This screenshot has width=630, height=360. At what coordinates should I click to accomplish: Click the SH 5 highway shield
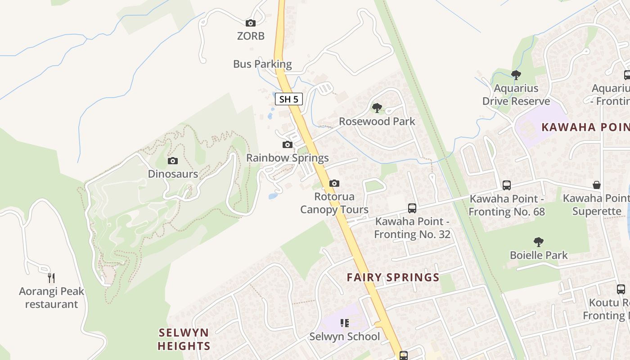288,99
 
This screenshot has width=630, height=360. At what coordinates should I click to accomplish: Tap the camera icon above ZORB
251,23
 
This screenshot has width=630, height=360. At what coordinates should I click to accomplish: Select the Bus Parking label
262,64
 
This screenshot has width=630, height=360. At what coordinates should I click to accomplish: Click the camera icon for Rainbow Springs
288,144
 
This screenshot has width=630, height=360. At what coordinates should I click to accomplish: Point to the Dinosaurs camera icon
172,161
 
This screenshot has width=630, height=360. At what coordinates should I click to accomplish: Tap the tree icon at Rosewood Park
377,108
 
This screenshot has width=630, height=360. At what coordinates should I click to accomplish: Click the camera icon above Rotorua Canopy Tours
334,183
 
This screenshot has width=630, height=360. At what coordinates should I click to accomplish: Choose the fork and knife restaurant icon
51,278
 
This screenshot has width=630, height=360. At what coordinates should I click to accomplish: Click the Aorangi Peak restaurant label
51,297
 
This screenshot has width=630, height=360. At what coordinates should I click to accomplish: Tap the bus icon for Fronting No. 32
412,208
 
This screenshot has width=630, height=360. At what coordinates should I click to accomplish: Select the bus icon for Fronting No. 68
506,185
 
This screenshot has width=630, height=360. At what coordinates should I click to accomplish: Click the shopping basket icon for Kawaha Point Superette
596,185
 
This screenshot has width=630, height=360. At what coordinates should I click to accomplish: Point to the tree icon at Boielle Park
538,242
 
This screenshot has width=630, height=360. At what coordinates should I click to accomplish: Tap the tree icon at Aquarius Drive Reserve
516,75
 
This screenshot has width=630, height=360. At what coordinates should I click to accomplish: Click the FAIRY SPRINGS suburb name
393,277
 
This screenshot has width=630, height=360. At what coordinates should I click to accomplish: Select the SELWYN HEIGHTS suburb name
184,339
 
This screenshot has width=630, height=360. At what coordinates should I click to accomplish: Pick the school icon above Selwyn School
345,323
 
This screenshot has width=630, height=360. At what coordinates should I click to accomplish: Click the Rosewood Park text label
377,121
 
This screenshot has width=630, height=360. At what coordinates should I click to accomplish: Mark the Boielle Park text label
539,255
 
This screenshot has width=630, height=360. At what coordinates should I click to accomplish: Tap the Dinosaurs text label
173,174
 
